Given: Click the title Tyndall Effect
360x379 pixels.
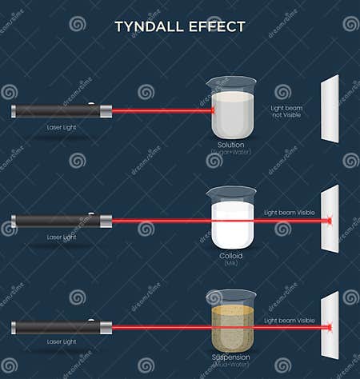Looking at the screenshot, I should [x=179, y=26].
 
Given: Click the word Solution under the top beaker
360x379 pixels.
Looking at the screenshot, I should [x=231, y=144].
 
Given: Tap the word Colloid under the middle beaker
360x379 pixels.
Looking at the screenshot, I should [x=230, y=254].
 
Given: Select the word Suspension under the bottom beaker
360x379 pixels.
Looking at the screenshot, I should [x=230, y=357].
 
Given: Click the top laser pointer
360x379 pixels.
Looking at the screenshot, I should [x=61, y=110].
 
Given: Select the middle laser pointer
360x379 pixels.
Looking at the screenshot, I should [x=61, y=220].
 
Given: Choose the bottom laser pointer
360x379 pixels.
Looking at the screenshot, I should [x=61, y=328].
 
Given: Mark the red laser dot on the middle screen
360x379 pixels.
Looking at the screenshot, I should [x=328, y=220].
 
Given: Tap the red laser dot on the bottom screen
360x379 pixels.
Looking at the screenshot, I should [x=328, y=328].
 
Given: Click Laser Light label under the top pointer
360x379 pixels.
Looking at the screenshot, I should [x=62, y=127].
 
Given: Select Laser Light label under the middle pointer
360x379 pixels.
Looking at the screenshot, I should [x=62, y=237].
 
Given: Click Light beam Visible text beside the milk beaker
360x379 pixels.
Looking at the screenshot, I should [x=290, y=213].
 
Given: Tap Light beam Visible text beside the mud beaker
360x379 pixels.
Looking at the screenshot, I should [x=290, y=321].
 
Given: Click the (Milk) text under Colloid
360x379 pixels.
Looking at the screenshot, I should [x=230, y=262].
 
